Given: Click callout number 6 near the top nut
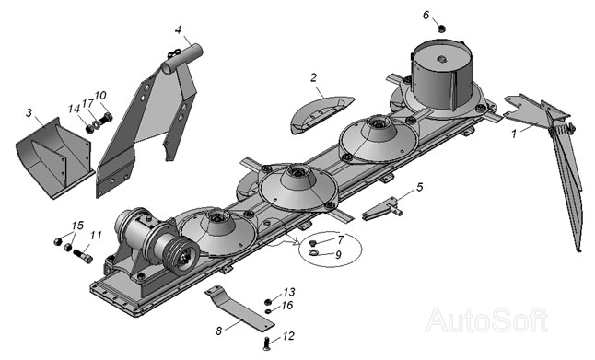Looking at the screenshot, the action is click(426, 15).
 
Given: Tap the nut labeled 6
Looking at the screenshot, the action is click(441, 29).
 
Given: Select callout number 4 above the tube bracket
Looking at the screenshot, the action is click(179, 29).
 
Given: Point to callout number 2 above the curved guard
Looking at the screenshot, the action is click(313, 77).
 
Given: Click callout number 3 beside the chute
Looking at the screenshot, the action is click(29, 112).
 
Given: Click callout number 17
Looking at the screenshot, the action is click(88, 103).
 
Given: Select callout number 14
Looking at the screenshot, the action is click(74, 109).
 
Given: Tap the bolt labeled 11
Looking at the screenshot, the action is click(83, 256).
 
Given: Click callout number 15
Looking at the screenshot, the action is click(77, 226).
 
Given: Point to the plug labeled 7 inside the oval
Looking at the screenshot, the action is click(313, 243).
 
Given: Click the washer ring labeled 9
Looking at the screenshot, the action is click(314, 252).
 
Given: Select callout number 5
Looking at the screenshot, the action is click(419, 187).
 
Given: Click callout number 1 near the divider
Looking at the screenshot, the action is click(514, 134).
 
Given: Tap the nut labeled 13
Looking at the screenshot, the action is click(268, 302).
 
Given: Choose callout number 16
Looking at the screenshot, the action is click(287, 306).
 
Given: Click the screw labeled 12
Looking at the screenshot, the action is click(266, 343).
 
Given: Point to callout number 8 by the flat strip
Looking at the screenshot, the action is click(218, 331).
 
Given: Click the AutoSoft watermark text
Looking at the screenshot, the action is click(487, 320).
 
